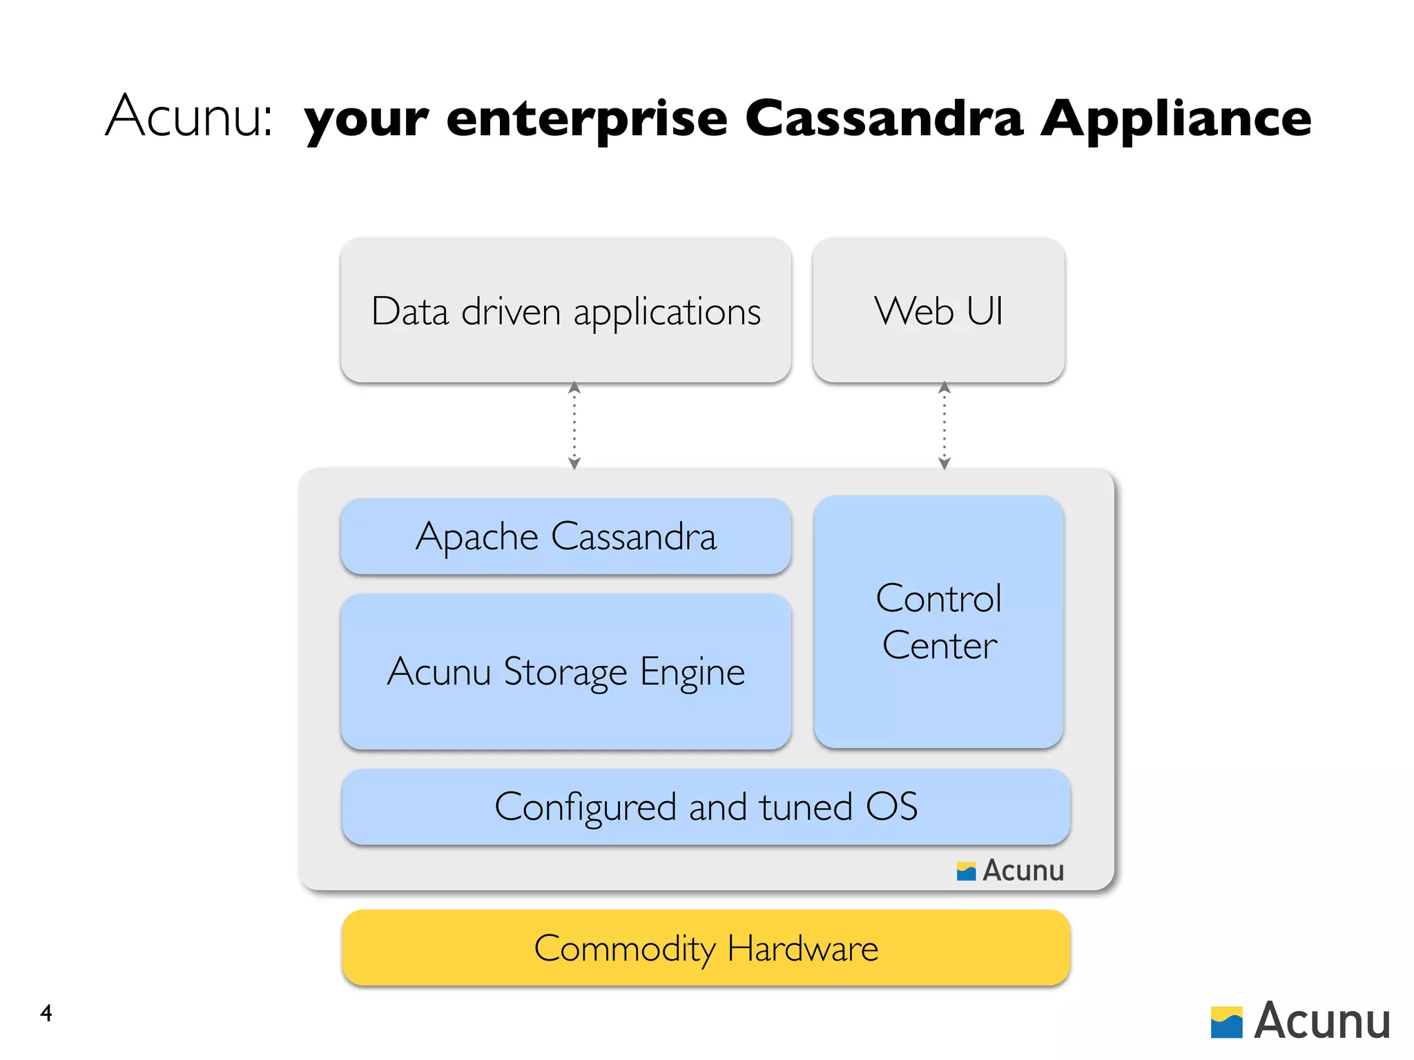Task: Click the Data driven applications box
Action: click(565, 311)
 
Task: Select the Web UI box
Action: click(938, 311)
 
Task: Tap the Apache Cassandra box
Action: click(565, 536)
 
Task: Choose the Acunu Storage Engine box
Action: click(565, 671)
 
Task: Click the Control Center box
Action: click(938, 621)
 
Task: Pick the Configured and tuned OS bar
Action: click(706, 807)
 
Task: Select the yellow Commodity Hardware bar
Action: click(706, 948)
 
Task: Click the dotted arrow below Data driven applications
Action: click(574, 426)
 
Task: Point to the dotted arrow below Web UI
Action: click(944, 426)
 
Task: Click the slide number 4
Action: click(46, 1013)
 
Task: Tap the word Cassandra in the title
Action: click(883, 119)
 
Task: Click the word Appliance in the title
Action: click(1175, 119)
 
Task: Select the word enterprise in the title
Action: click(587, 119)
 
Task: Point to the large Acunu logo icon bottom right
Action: click(1226, 1022)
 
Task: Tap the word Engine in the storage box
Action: click(692, 673)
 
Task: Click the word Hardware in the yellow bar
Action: click(802, 949)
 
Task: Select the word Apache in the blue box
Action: click(476, 538)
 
